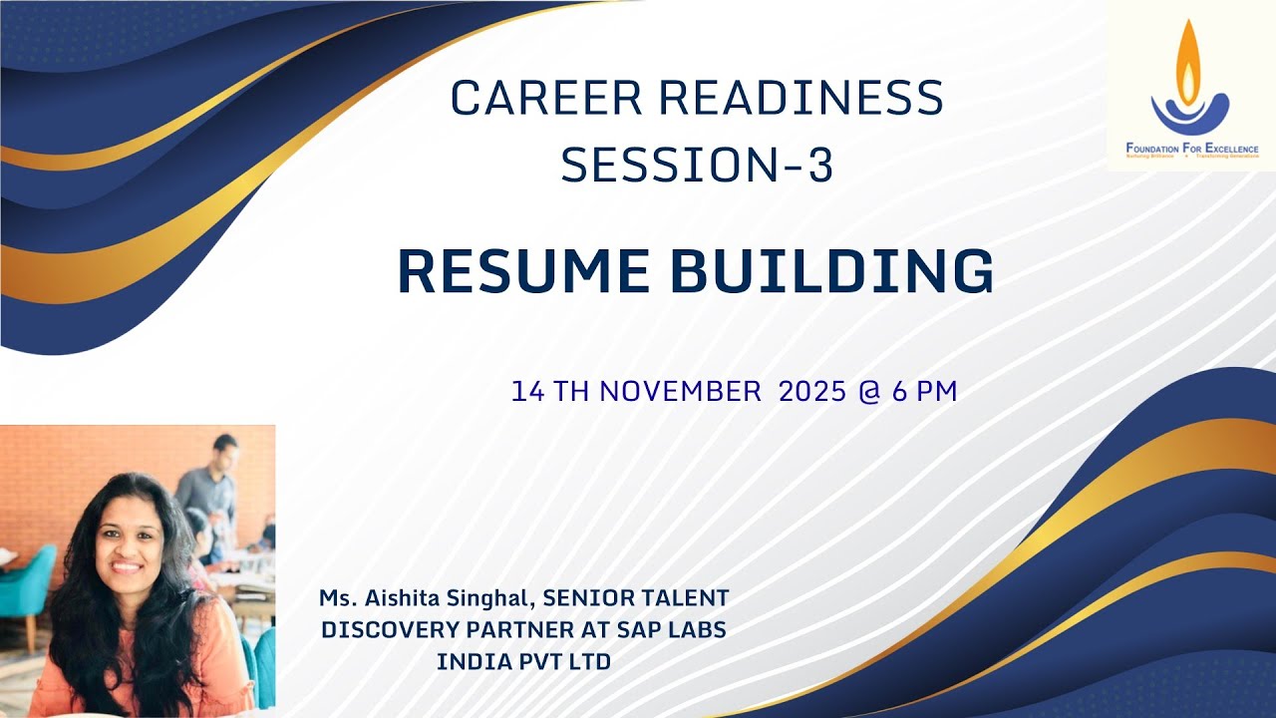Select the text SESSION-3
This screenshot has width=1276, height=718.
(697, 166)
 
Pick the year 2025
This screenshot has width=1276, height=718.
(812, 392)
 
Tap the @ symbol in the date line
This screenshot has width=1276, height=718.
(868, 392)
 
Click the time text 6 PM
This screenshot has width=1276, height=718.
(924, 392)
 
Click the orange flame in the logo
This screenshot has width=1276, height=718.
(1188, 62)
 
